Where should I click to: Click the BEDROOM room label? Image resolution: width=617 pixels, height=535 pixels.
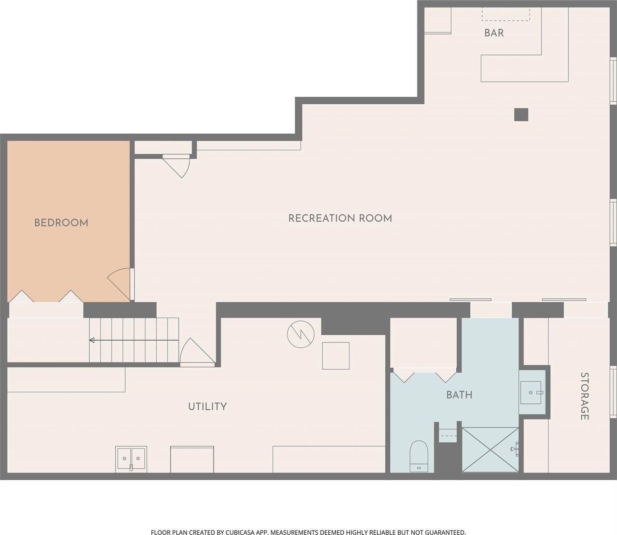click(x=61, y=222)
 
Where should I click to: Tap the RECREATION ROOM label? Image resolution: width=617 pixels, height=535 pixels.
click(x=340, y=218)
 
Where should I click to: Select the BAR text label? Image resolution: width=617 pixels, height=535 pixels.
click(x=494, y=33)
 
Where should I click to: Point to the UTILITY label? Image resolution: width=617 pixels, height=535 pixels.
click(x=207, y=406)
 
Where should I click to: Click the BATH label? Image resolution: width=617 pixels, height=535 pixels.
click(x=459, y=395)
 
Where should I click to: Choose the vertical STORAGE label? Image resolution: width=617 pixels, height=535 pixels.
click(x=584, y=396)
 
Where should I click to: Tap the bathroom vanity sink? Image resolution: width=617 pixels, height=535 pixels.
click(x=531, y=392)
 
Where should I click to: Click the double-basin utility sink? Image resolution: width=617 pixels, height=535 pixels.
click(x=131, y=458)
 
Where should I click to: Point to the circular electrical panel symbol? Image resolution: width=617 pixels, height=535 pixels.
click(x=300, y=335)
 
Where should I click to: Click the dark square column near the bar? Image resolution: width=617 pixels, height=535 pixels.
click(x=521, y=115)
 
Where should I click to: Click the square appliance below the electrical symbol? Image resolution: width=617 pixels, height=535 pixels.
click(x=335, y=356)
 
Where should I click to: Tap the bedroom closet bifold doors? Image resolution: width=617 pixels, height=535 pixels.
click(x=45, y=296)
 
